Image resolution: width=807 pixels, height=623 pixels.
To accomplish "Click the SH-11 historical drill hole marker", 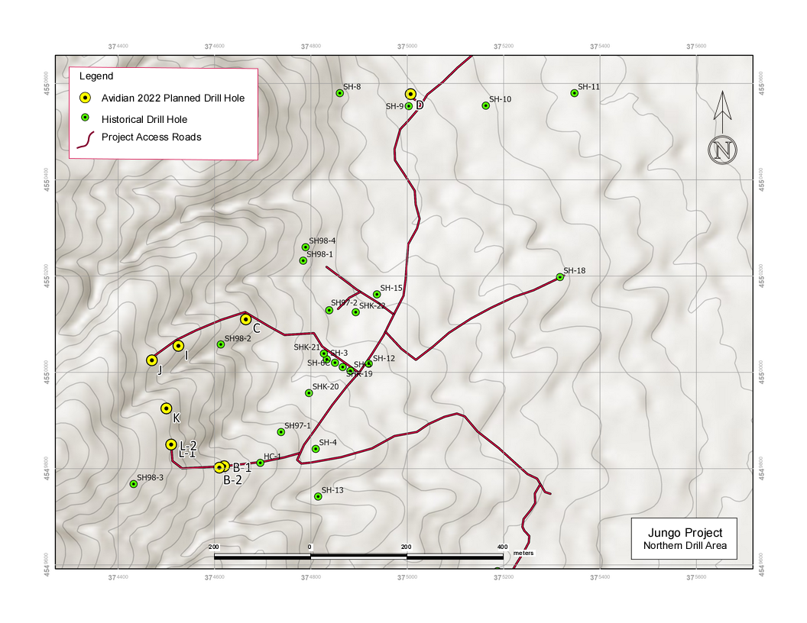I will tap(574, 93).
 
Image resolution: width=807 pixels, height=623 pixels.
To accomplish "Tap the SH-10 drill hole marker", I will tap(485, 105).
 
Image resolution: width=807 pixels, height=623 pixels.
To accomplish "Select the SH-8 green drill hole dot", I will tap(339, 93).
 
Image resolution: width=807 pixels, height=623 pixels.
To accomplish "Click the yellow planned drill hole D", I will tap(410, 94).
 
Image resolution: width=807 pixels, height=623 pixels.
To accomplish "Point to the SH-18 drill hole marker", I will tap(559, 277).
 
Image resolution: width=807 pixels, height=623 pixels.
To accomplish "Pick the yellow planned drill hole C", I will tap(245, 319).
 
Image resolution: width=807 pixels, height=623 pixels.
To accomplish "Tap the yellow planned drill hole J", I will tap(152, 360).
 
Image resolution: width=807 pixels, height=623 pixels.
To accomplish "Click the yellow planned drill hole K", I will tap(166, 408).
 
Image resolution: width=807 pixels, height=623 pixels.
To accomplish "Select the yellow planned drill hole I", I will tap(178, 346).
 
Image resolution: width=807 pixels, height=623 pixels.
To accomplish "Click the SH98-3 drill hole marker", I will tap(133, 484).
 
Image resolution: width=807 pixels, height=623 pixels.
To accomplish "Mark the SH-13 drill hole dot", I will tap(318, 496).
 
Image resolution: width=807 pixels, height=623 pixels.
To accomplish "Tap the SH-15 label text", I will tap(391, 288).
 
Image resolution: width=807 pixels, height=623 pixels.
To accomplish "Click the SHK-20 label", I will tap(326, 387).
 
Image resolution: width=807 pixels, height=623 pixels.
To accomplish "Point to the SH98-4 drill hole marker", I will tap(305, 247).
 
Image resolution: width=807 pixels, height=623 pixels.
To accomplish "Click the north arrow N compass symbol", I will tap(721, 149).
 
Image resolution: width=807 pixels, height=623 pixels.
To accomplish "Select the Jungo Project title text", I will tap(683, 532).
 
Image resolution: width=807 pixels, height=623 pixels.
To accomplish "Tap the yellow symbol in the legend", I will tap(86, 98).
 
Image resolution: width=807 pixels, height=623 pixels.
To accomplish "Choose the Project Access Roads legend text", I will tap(151, 137).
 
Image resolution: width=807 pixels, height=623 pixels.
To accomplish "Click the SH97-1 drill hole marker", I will tap(280, 432).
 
